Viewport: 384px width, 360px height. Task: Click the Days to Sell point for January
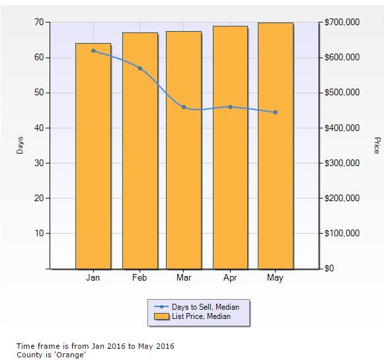pos(93,51)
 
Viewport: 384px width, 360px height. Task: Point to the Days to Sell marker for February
pos(139,68)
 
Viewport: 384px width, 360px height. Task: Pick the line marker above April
pos(230,107)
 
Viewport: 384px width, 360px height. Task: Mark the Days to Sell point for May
pos(275,112)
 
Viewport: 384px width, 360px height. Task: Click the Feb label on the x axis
pos(139,278)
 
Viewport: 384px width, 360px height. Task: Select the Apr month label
pos(230,278)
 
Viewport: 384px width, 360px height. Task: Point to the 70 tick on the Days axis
pos(39,22)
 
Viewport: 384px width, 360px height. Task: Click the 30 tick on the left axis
pos(39,163)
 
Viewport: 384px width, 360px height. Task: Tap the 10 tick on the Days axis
pos(39,233)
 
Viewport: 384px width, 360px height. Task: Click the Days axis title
pos(20,146)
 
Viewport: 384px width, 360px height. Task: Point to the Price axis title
pos(377,146)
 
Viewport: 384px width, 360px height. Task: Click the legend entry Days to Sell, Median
pos(206,306)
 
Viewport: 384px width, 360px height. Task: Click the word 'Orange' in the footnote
pos(72,355)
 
